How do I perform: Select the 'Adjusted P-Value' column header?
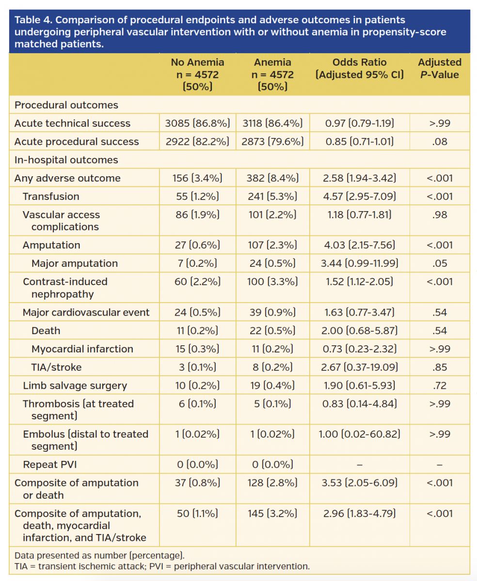point(439,68)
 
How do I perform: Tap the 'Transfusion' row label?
point(51,197)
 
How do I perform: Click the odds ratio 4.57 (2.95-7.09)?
point(360,197)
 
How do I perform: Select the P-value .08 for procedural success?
point(439,142)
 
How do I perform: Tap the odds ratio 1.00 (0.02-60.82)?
point(360,434)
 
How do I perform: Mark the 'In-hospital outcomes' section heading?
point(66,160)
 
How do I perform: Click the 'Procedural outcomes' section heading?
point(66,105)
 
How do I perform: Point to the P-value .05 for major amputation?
point(439,263)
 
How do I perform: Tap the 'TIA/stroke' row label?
point(56,367)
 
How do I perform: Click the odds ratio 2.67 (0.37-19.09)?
point(360,367)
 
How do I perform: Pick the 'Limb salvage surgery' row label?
point(75,386)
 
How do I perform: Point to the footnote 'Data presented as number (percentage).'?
point(100,555)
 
